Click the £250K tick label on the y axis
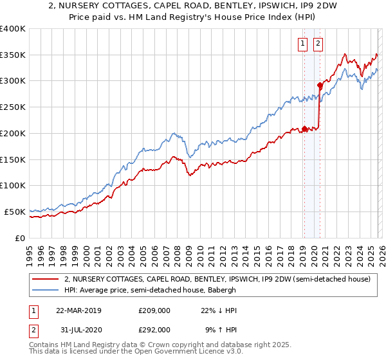(x=13, y=107)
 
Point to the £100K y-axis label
(x=13, y=186)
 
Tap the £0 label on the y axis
(x=21, y=238)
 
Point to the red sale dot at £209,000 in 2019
(x=304, y=129)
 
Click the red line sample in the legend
(x=46, y=280)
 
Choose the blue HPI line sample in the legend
(x=46, y=291)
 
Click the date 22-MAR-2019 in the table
(x=78, y=310)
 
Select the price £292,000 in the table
(x=154, y=329)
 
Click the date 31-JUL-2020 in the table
(x=78, y=329)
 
